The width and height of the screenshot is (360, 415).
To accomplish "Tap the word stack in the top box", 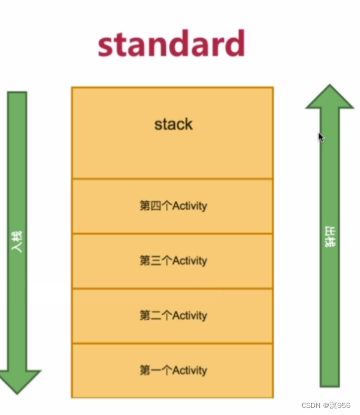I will coord(173,124).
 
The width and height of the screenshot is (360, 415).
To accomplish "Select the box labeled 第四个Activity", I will coord(172,206).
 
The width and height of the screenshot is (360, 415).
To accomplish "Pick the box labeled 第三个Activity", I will coord(172,261).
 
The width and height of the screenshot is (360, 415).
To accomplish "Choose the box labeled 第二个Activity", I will coord(172,316).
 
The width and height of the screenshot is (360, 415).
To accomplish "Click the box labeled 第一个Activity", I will coord(172,371).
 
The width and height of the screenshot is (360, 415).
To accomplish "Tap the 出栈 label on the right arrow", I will coord(329,236).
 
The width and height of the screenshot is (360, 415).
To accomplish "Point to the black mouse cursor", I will coord(321,137).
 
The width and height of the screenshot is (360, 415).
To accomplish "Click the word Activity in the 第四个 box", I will coord(190,206).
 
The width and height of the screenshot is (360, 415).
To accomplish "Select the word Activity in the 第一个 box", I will coord(190,371).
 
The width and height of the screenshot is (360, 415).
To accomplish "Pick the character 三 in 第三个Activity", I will coord(155,261).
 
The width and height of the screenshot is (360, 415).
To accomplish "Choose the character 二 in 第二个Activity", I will coord(155,316).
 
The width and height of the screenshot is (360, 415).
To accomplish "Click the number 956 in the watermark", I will coord(344,405).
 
